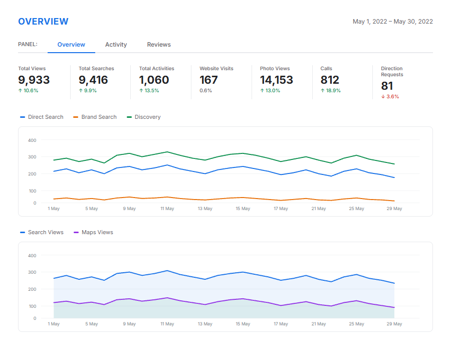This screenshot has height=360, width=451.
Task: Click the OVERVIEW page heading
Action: (x=43, y=22)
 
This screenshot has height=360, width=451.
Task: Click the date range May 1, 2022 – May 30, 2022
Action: (x=392, y=22)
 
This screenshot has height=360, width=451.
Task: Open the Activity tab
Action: (x=116, y=45)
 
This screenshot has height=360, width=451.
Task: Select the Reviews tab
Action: (x=159, y=45)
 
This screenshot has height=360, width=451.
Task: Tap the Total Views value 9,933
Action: (x=34, y=80)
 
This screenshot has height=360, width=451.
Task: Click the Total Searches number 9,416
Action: (x=93, y=80)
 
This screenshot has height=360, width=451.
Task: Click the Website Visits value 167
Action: (x=208, y=80)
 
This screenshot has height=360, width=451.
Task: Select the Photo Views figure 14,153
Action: (x=276, y=80)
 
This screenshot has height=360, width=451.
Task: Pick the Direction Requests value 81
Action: (x=387, y=86)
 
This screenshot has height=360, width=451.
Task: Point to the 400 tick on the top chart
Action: (x=32, y=140)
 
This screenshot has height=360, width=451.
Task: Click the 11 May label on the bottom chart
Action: (x=167, y=324)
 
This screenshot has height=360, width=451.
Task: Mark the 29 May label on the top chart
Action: (x=394, y=209)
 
